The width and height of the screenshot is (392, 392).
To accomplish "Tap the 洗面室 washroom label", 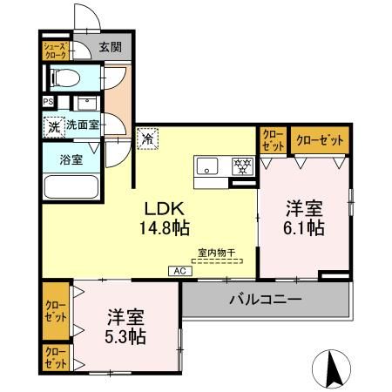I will click(83, 125).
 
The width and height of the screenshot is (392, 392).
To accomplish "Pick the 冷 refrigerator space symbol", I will click(147, 138).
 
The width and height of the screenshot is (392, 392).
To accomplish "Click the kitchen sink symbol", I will click(208, 166).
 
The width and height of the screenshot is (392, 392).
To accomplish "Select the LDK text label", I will click(164, 211).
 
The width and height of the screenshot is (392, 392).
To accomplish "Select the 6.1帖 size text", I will click(304, 229).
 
